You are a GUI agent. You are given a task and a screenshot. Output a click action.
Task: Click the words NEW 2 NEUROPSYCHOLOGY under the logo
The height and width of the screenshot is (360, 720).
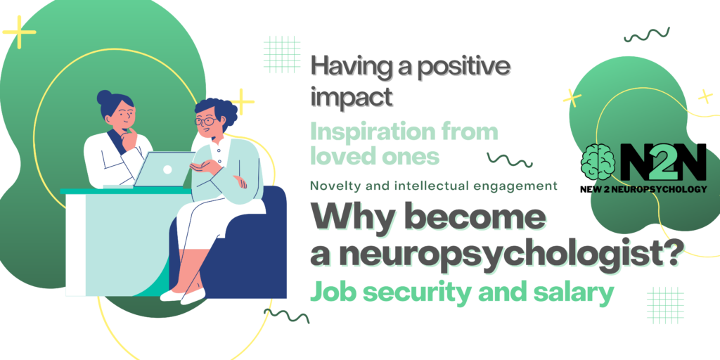tap(643, 188)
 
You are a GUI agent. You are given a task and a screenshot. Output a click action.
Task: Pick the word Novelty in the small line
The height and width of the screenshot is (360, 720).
tap(329, 186)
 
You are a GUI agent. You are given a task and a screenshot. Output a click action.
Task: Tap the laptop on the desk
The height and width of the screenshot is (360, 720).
tap(165, 169)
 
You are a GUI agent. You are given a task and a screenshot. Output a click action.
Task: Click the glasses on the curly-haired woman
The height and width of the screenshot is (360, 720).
tap(206, 122)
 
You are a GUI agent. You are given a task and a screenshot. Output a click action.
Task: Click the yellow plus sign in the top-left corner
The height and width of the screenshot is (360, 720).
tap(19, 32)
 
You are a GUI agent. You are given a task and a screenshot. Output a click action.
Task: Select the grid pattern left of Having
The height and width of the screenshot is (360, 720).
tap(282, 54)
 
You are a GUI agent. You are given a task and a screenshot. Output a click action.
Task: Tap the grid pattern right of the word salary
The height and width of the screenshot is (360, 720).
tap(665, 305)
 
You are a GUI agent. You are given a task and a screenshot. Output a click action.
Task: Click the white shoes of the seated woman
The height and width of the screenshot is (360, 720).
tap(183, 295)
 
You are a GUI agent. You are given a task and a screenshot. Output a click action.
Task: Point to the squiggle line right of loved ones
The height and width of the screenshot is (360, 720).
tap(510, 160)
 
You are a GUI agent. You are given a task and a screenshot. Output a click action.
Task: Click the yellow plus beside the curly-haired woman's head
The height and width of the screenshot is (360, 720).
tap(243, 101)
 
